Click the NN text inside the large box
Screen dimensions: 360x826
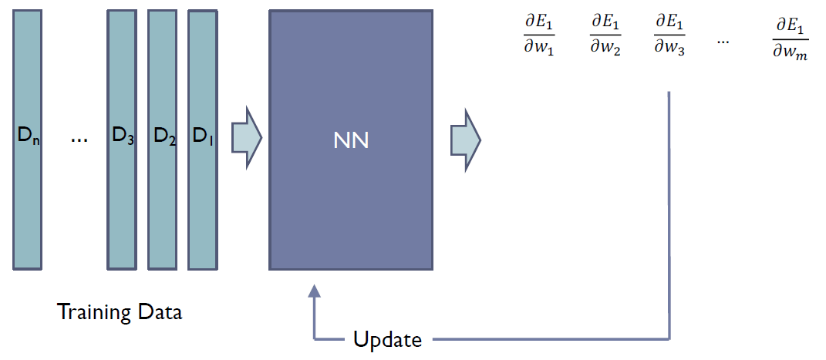coord(351,141)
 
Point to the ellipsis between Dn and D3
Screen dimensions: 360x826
coord(79,140)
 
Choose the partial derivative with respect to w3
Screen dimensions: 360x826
coord(669,35)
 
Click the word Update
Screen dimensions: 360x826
coord(387,339)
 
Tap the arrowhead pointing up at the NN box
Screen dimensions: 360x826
coord(313,291)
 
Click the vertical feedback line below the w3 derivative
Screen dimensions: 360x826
coord(668,216)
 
